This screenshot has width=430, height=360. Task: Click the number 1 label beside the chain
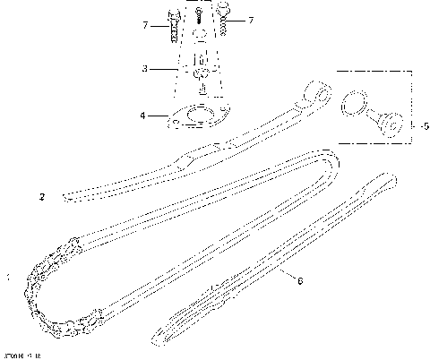coord(7,279)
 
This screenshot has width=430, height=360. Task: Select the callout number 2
coord(41,195)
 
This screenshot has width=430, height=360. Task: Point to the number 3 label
coord(145,68)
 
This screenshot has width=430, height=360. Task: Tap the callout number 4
coord(143,115)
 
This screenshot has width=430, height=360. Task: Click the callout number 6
coord(299,280)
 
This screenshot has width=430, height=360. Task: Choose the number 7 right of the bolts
coord(250,20)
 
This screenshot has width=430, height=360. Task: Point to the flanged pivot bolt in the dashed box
coord(387,125)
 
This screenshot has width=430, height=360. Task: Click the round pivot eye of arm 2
coord(314,92)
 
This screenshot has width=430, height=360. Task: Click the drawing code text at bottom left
coord(21,356)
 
